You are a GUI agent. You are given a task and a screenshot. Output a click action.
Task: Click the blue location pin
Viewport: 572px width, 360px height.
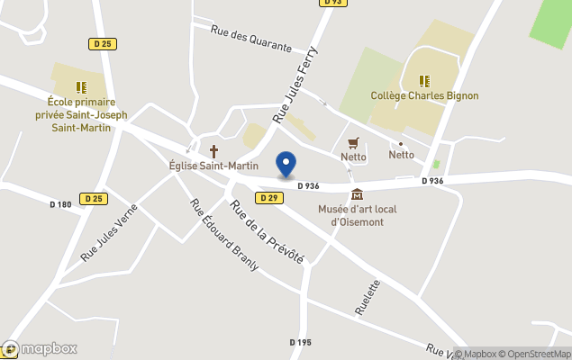[x=286, y=165]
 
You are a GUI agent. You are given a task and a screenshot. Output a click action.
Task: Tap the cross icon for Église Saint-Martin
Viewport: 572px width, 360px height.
[x=214, y=151]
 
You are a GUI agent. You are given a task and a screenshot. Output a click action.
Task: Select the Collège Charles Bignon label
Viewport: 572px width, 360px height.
[x=424, y=95]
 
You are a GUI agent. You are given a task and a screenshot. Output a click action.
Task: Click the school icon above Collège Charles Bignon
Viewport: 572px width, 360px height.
[x=424, y=81]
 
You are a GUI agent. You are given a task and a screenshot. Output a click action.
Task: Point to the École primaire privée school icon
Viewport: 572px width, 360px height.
[x=81, y=87]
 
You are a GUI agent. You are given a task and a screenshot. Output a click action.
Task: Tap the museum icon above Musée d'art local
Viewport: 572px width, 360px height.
[x=358, y=194]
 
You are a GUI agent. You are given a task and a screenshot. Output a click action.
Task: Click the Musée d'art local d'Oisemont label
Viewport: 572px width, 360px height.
[x=358, y=215]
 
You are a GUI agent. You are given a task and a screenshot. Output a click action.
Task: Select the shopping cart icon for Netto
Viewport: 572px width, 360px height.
[x=353, y=142]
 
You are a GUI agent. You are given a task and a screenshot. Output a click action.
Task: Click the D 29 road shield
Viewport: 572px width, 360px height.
[x=268, y=197]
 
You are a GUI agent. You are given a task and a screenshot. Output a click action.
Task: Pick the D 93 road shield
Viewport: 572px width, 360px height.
[x=332, y=3]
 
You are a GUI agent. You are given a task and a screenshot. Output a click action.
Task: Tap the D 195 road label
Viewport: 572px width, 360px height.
[x=300, y=342]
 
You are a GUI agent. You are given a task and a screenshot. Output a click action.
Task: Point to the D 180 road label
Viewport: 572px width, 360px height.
[x=60, y=204]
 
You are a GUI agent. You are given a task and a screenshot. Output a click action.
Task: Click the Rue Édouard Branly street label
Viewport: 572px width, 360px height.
[x=224, y=234]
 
